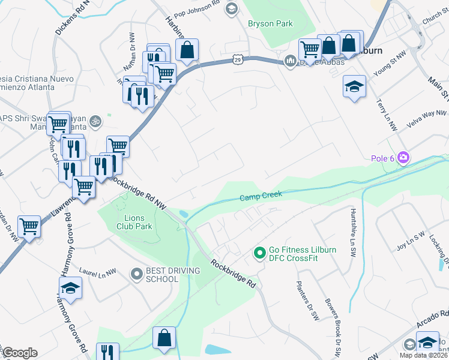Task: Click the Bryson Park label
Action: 270,24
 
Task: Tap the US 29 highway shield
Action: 238,59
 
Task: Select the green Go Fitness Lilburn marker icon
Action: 260,254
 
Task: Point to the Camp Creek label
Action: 261,196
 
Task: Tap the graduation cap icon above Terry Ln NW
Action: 354,86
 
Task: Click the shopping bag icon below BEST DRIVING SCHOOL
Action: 164,338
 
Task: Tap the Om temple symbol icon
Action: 94,122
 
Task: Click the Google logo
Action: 19,353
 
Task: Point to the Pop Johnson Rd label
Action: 193,8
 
